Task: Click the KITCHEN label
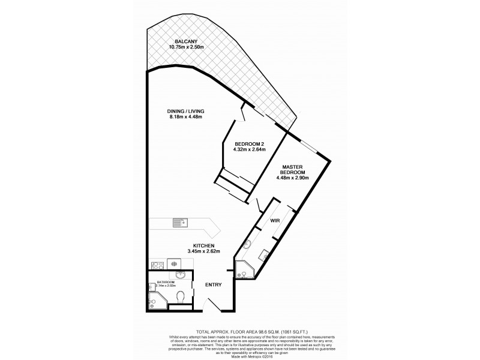[x=204, y=245]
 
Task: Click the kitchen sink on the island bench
[x=181, y=223]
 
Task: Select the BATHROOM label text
[x=166, y=281]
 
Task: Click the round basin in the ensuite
[x=248, y=245]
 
